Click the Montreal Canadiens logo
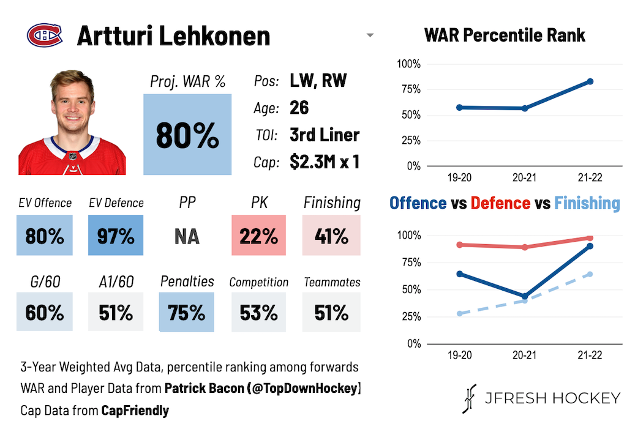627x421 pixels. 45,35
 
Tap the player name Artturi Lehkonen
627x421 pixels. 173,36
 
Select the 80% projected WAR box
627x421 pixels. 187,135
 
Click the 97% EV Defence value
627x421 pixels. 116,236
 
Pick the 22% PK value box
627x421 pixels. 259,236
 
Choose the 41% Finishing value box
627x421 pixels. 331,236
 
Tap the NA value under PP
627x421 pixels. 187,236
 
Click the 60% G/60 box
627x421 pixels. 45,312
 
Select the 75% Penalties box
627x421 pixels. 187,312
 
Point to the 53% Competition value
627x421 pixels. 259,312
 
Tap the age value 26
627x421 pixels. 299,108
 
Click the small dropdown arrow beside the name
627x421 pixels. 370,35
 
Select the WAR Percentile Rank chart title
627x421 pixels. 505,35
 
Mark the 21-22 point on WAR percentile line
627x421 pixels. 590,81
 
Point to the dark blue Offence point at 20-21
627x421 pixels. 525,296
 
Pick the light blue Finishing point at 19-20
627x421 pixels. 459,313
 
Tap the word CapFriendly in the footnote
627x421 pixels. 135,410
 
